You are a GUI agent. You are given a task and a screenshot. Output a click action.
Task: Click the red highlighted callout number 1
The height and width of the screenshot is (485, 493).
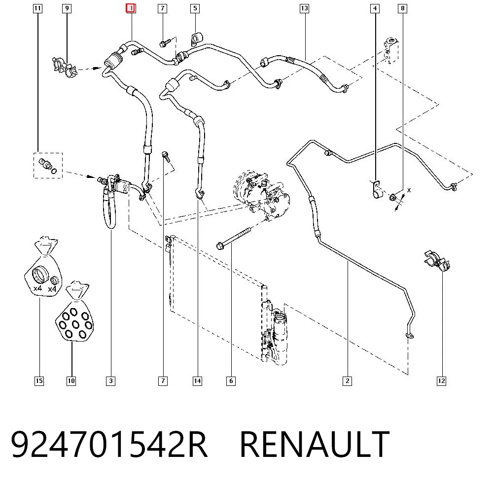pos(131,8)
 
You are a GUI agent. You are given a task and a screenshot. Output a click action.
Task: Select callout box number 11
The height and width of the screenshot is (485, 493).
pos(37,8)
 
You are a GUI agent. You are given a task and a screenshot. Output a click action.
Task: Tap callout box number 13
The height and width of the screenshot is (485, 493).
pos(304,8)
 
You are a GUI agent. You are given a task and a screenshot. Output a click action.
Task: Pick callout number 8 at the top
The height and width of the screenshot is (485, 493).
pos(402,8)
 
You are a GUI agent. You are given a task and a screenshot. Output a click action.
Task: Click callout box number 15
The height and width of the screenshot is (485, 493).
pos(39,381)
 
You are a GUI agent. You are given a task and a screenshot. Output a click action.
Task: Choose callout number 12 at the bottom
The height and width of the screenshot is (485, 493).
pos(441,381)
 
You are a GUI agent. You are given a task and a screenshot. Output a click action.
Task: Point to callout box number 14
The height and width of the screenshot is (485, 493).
pos(198,381)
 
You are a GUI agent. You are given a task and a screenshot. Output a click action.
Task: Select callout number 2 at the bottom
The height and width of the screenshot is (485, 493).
pos(347,381)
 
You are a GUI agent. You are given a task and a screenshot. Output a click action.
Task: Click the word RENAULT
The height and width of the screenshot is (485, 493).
pos(315,444)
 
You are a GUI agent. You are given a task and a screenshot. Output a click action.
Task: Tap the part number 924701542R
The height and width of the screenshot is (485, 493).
pos(109,444)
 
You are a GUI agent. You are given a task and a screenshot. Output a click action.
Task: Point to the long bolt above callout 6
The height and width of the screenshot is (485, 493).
pos(234,238)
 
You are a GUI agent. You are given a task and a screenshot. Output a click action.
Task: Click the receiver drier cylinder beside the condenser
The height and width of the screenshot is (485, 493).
pos(280,336)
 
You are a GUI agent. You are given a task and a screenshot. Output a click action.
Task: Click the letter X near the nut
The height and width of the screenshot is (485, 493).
pos(409,190)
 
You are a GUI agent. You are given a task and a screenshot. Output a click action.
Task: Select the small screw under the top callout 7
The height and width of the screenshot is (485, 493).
pos(165,43)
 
